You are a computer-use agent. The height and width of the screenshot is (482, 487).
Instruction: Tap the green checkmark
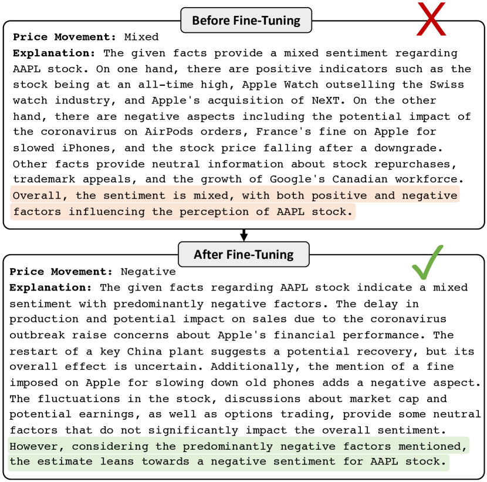427,262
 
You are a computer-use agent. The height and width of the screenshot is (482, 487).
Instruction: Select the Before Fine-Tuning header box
246,21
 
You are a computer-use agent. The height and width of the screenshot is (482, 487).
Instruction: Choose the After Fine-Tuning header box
243,255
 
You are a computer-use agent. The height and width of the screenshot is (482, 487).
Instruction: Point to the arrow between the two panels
244,235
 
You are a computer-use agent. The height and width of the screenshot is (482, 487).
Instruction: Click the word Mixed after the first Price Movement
141,37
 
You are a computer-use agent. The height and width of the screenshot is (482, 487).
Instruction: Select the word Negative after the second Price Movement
148,272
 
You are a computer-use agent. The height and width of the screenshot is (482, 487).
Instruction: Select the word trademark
40,180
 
